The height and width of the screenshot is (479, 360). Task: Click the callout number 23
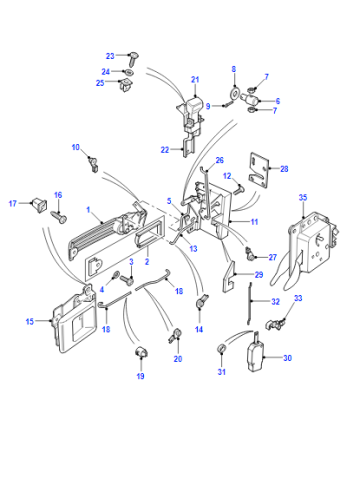click(110, 56)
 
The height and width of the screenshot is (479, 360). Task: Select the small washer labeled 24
click(128, 71)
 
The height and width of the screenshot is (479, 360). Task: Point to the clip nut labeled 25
click(125, 84)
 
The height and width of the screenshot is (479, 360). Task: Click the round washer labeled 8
click(235, 93)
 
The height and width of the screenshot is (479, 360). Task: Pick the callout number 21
click(195, 80)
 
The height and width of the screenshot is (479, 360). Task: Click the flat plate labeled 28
click(259, 170)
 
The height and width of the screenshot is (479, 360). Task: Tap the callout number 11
click(254, 222)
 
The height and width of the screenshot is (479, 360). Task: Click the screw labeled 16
click(60, 216)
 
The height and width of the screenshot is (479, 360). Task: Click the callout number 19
click(140, 376)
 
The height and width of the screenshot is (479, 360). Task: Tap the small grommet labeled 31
click(222, 348)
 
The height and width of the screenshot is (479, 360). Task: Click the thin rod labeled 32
click(250, 303)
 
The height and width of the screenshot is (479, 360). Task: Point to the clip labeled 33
click(276, 323)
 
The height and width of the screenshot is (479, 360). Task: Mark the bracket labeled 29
click(229, 276)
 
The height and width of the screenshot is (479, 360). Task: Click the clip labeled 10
click(93, 164)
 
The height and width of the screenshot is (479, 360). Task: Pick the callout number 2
click(147, 262)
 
